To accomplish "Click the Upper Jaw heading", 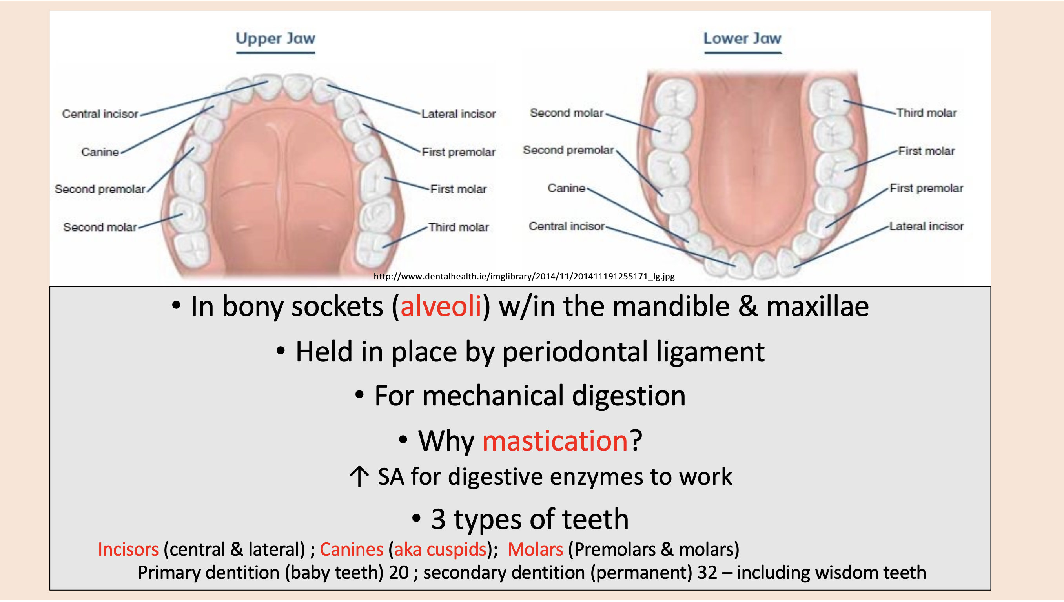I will pyautogui.click(x=275, y=38).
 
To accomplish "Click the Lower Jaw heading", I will pyautogui.click(x=742, y=38).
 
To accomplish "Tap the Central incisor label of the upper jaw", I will pyautogui.click(x=100, y=114).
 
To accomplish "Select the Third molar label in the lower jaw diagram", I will pyautogui.click(x=926, y=113).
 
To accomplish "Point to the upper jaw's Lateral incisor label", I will pyautogui.click(x=458, y=114).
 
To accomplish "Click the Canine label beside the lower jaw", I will pyautogui.click(x=566, y=188).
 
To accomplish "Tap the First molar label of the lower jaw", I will pyautogui.click(x=926, y=151).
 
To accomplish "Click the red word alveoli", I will pyautogui.click(x=441, y=307).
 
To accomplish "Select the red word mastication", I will pyautogui.click(x=555, y=441).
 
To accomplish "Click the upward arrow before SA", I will pyautogui.click(x=359, y=477).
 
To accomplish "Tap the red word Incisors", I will pyautogui.click(x=128, y=549).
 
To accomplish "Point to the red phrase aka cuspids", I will pyautogui.click(x=440, y=549).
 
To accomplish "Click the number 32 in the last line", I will pyautogui.click(x=707, y=573).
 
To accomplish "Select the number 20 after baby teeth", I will pyautogui.click(x=399, y=573).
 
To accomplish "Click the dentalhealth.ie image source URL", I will pyautogui.click(x=524, y=276).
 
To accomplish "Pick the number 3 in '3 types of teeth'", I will pyautogui.click(x=438, y=519).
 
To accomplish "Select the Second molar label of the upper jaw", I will pyautogui.click(x=100, y=227).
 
